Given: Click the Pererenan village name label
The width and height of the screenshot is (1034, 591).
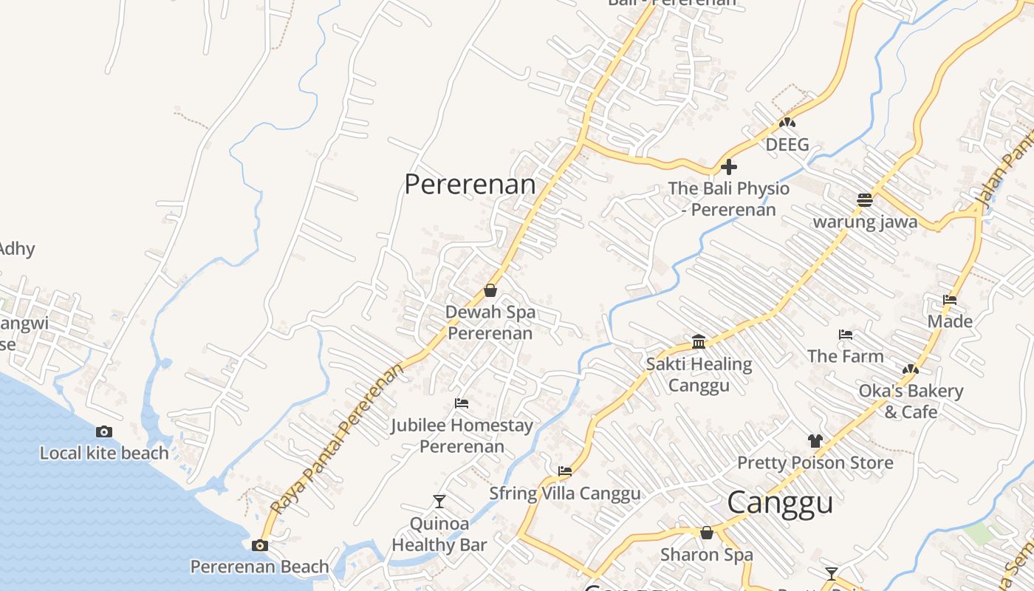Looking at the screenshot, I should [x=470, y=184].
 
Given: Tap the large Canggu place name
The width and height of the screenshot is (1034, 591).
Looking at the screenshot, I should [x=780, y=502].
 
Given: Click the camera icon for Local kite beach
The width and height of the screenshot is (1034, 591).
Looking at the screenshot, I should [x=104, y=431].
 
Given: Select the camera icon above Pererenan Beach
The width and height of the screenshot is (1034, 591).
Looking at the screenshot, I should [x=260, y=545].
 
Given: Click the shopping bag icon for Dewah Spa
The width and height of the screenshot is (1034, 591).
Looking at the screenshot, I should [x=490, y=290].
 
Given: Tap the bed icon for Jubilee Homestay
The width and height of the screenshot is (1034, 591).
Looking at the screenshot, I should [x=462, y=403].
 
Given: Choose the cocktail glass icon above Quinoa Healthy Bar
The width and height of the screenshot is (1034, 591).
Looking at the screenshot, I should [x=439, y=502].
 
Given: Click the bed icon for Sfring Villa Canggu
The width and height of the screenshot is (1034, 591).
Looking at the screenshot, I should [x=565, y=471].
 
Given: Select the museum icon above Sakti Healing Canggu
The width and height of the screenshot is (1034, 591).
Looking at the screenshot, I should [x=699, y=341].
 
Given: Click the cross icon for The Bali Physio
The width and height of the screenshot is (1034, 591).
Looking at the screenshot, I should [x=729, y=166].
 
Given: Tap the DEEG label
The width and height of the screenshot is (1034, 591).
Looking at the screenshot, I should [x=787, y=145].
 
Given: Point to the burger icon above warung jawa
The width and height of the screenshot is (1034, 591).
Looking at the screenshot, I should [x=865, y=199].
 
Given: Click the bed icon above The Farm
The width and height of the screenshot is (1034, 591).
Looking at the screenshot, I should [x=846, y=335].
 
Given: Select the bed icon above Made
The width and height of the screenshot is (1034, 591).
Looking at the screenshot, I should [x=950, y=300].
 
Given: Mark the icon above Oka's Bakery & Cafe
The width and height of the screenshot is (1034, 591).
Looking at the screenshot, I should [x=910, y=369].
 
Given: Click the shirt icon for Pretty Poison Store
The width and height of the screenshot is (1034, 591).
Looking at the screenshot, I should [x=815, y=441].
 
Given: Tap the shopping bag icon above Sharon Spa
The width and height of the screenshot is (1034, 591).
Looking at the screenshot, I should [x=707, y=533].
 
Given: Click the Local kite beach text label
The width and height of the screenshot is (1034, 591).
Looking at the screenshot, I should [x=104, y=453].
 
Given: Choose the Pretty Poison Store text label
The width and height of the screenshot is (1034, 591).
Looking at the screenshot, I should [x=815, y=463].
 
